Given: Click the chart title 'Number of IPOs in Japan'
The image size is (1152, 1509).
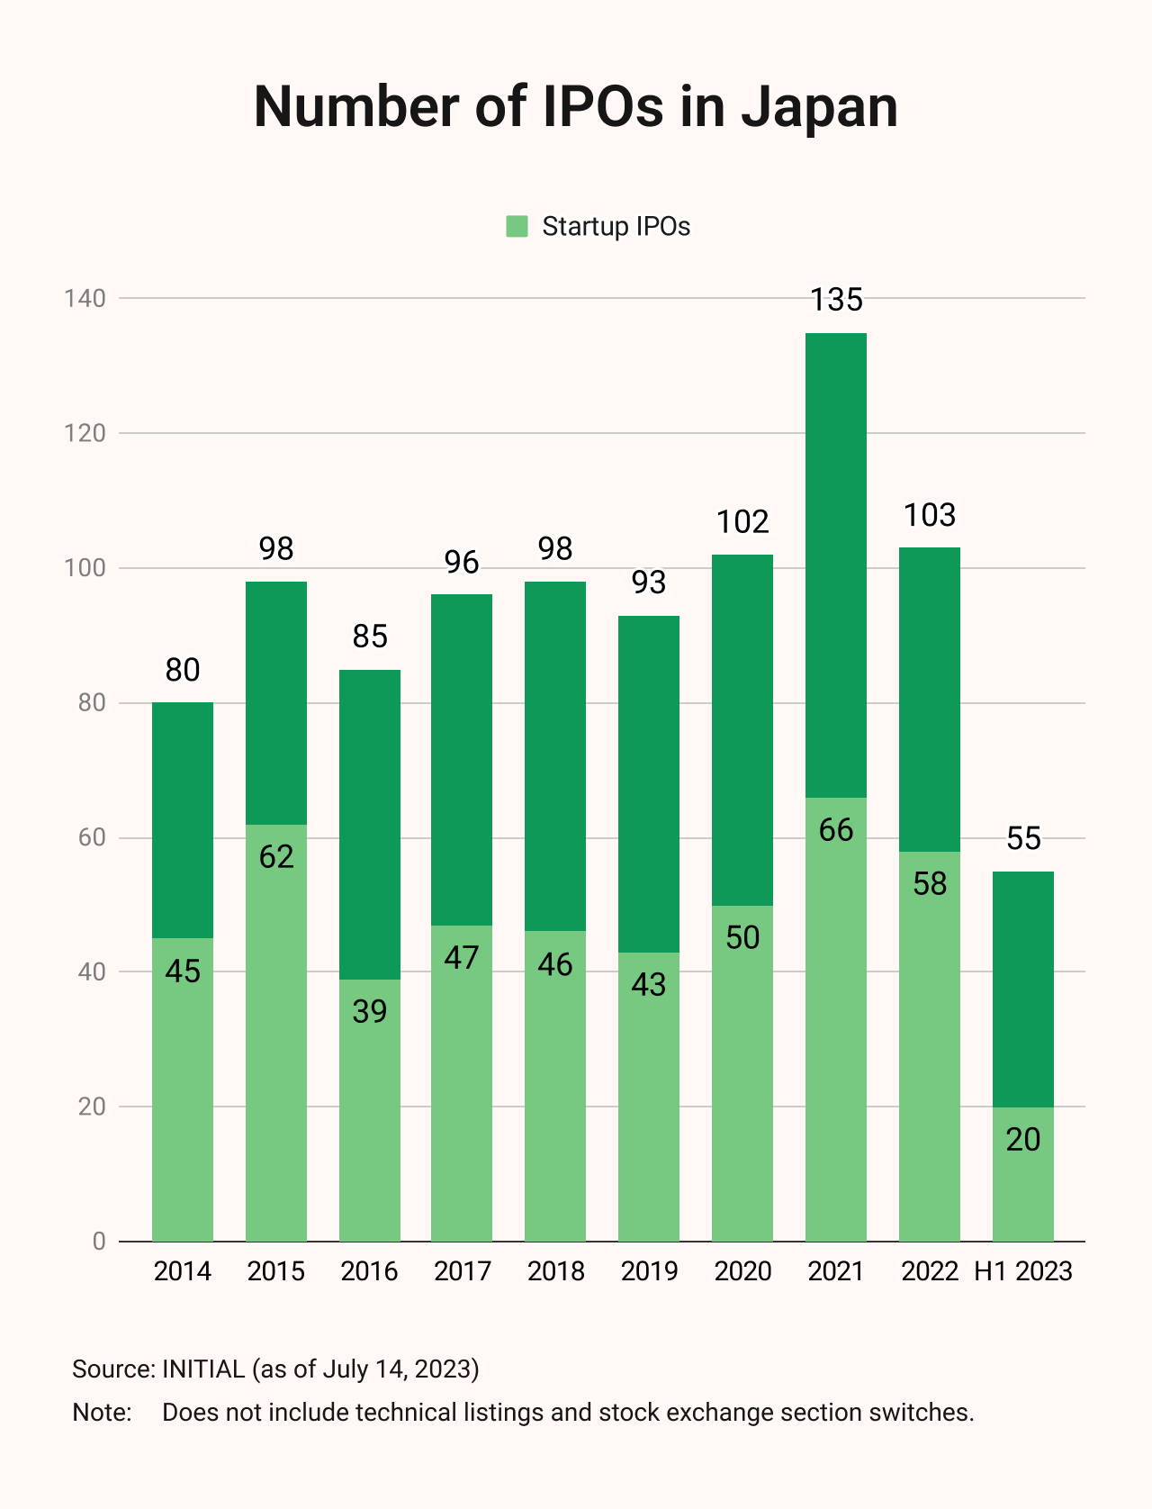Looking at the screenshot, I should click(x=576, y=106).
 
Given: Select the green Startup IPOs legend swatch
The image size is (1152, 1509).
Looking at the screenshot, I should click(x=517, y=226).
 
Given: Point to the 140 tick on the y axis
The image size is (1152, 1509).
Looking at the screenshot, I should click(x=85, y=298).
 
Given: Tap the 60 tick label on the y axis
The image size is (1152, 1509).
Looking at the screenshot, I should click(x=92, y=837).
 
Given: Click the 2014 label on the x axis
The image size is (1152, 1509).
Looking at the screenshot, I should click(x=183, y=1271).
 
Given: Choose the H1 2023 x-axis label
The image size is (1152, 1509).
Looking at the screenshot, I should click(x=1023, y=1271).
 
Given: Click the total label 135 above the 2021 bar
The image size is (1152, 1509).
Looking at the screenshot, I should click(x=836, y=300).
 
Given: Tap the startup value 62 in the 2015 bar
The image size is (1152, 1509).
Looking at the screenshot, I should click(x=276, y=856).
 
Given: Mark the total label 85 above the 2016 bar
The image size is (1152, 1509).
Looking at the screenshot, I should click(x=370, y=637).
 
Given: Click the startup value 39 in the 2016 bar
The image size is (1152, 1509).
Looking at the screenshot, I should click(x=370, y=1011).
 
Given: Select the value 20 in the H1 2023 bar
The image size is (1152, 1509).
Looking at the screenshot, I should click(x=1023, y=1140).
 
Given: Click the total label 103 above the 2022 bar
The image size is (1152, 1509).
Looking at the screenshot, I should click(x=930, y=515).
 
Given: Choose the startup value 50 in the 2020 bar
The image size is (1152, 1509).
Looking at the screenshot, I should click(x=742, y=937).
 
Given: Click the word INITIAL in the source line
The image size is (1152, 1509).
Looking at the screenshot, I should click(x=203, y=1369).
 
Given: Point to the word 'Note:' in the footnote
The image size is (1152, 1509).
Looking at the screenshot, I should click(x=102, y=1412).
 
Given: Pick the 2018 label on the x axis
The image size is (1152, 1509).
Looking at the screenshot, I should click(x=555, y=1271).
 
